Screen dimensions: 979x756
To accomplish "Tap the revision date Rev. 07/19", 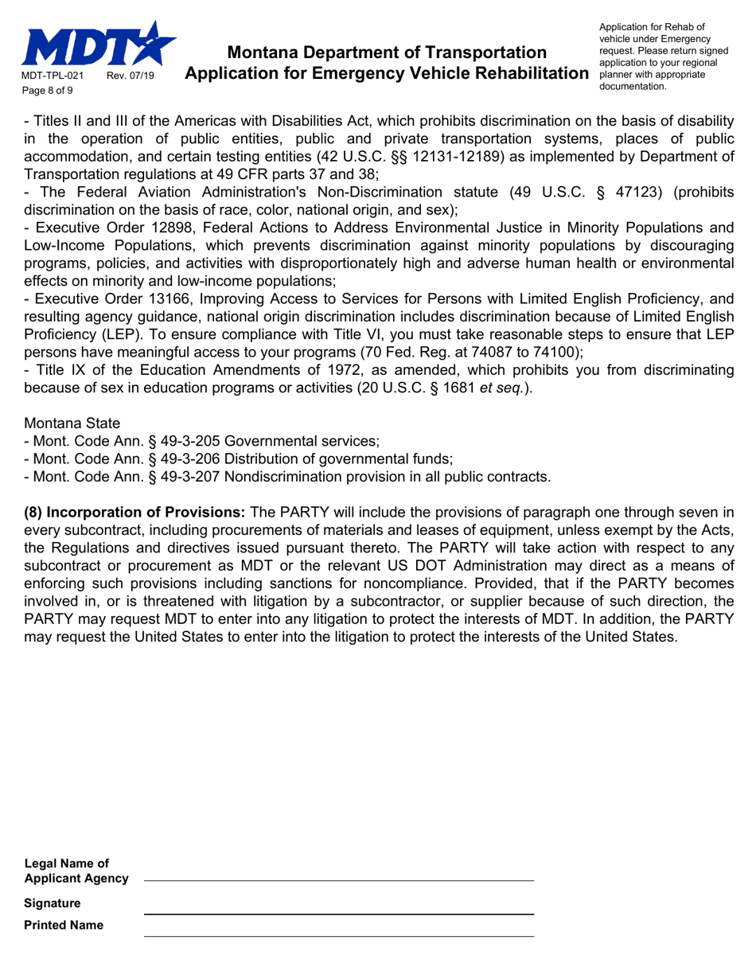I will [x=133, y=76].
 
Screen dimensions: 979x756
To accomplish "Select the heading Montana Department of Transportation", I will [x=387, y=53].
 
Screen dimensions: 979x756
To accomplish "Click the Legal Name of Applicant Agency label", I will [x=76, y=871].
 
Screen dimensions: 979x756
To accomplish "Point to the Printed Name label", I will [x=64, y=925].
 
